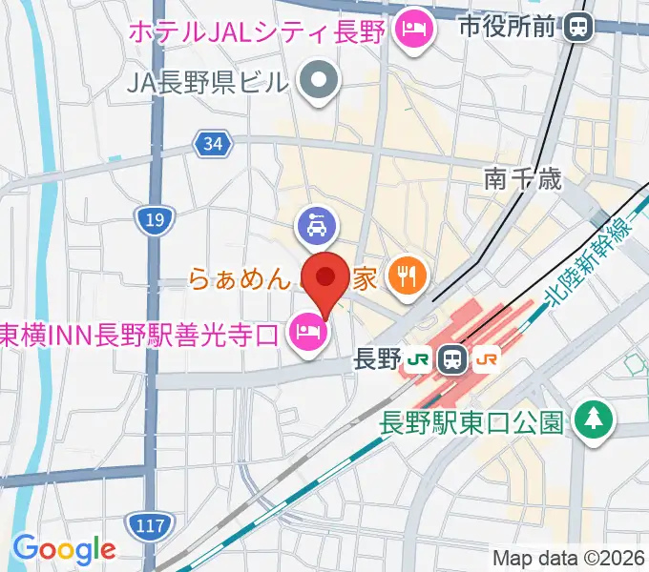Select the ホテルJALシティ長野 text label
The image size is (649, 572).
(x=257, y=31)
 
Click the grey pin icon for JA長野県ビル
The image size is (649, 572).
(x=319, y=81)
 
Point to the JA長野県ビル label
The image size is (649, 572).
(x=206, y=82)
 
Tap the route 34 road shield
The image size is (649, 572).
(x=213, y=144)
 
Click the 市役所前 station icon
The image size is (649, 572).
(x=576, y=27)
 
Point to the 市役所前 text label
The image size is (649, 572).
(x=506, y=27)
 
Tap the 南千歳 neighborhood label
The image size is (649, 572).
(x=523, y=178)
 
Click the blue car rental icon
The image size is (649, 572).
(x=317, y=226)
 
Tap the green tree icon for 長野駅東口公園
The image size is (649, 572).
(x=594, y=418)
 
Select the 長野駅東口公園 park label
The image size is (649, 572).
(x=471, y=420)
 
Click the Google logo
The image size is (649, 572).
(x=64, y=549)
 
